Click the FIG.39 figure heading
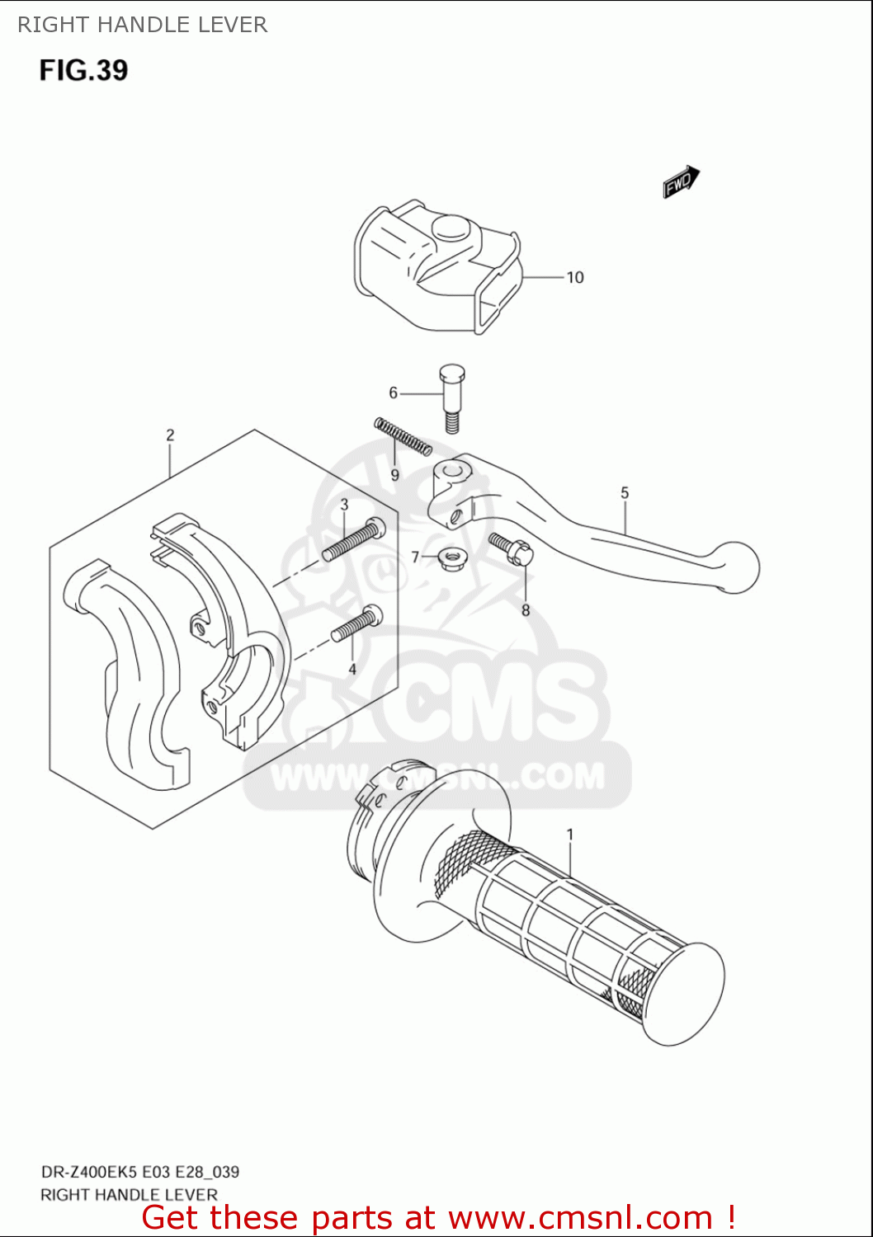(x=83, y=70)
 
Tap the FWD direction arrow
(x=681, y=182)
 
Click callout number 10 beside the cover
(x=574, y=278)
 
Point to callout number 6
(x=394, y=393)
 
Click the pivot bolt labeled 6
(x=451, y=397)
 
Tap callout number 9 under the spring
(x=395, y=475)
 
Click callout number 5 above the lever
(x=625, y=493)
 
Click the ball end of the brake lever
(x=736, y=567)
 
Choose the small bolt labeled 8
(x=511, y=548)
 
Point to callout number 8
(x=526, y=611)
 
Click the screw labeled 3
(x=353, y=540)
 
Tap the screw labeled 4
(x=356, y=624)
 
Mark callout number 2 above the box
(x=170, y=435)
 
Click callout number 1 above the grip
(x=569, y=835)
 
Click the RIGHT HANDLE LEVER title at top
(x=142, y=25)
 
